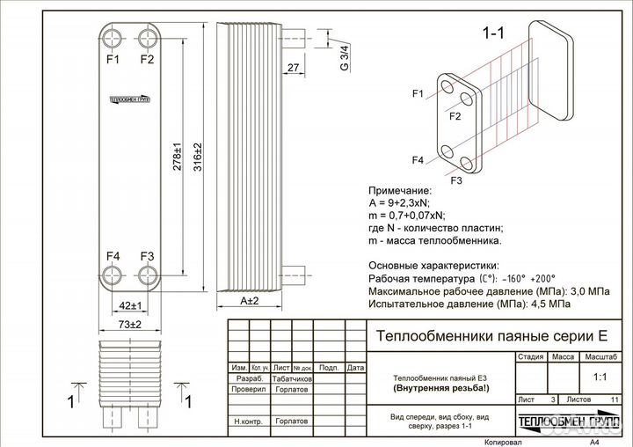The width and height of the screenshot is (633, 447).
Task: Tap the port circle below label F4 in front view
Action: pyautogui.click(x=113, y=276)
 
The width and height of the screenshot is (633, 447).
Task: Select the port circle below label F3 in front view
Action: pyautogui.click(x=147, y=276)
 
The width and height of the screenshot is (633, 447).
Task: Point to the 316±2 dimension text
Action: pyautogui.click(x=198, y=158)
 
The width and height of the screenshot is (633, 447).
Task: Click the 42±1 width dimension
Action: pyautogui.click(x=130, y=305)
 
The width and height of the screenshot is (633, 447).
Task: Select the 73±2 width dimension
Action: pyautogui.click(x=130, y=326)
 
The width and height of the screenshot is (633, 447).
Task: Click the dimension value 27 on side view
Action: pyautogui.click(x=293, y=68)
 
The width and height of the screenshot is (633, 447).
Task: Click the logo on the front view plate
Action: pyautogui.click(x=130, y=99)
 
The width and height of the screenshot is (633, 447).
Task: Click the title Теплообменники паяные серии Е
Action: pyautogui.click(x=491, y=335)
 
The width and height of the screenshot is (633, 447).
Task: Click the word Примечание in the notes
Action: pyautogui.click(x=399, y=189)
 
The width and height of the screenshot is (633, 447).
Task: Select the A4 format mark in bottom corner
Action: pyautogui.click(x=594, y=442)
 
